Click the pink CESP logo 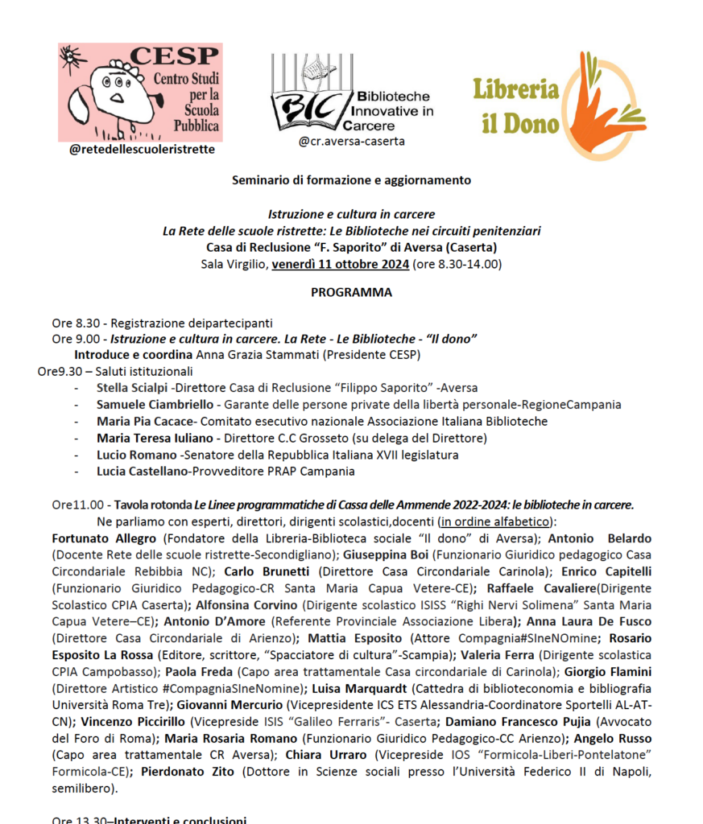pyautogui.click(x=139, y=93)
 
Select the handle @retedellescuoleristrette pyautogui.click(x=142, y=149)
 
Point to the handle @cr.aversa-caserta pyautogui.click(x=351, y=141)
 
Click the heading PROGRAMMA pyautogui.click(x=351, y=292)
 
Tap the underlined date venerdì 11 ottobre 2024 pyautogui.click(x=340, y=263)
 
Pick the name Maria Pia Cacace pyautogui.click(x=145, y=421)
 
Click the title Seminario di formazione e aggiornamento pyautogui.click(x=351, y=180)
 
